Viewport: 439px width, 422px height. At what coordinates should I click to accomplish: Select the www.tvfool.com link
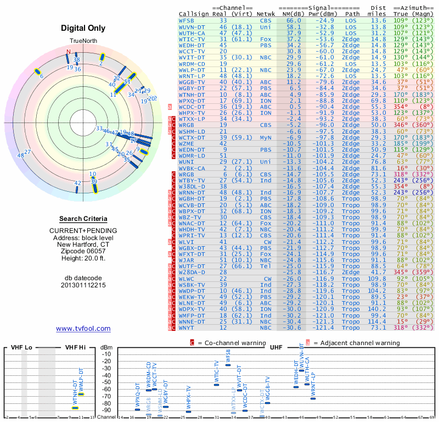point(83,329)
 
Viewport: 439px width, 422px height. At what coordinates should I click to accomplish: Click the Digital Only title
point(83,28)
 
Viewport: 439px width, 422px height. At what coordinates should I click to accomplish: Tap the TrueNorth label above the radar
point(83,42)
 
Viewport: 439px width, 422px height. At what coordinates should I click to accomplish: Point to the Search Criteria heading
point(83,219)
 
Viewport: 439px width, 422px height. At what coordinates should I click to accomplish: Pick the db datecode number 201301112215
point(83,285)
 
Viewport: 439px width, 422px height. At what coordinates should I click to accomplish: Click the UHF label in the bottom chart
point(276,347)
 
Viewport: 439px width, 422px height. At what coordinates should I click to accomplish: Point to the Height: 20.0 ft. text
point(83,259)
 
